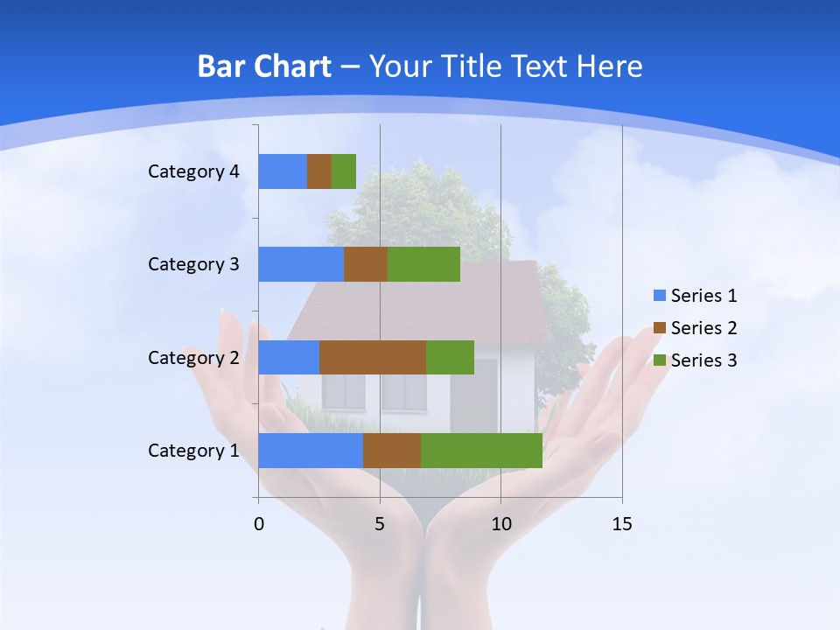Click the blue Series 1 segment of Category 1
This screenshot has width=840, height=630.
pyautogui.click(x=310, y=450)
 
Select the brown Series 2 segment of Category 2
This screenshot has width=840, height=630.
pyautogui.click(x=373, y=357)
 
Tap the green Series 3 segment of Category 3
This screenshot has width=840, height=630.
pyautogui.click(x=423, y=264)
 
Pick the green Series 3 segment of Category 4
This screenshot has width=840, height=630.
pyautogui.click(x=344, y=171)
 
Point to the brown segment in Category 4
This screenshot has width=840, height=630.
pyautogui.click(x=319, y=171)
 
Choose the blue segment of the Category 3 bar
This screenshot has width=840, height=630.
pyautogui.click(x=301, y=264)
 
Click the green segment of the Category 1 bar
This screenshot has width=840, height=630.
pyautogui.click(x=481, y=450)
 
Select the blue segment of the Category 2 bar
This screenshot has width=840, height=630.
pyautogui.click(x=289, y=357)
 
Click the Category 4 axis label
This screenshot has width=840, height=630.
pyautogui.click(x=193, y=171)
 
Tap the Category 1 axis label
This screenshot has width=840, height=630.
pyautogui.click(x=193, y=451)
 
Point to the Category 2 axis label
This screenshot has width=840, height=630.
pyautogui.click(x=193, y=357)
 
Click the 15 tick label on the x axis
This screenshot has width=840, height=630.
pyautogui.click(x=621, y=524)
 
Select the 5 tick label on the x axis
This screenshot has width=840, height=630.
pyautogui.click(x=380, y=524)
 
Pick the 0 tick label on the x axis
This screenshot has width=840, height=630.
pyautogui.click(x=259, y=524)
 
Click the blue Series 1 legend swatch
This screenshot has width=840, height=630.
pyautogui.click(x=660, y=296)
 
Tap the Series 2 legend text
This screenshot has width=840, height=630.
pyautogui.click(x=703, y=328)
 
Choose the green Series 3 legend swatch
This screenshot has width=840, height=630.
pyautogui.click(x=660, y=360)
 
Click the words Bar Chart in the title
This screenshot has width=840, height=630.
pyautogui.click(x=264, y=66)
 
